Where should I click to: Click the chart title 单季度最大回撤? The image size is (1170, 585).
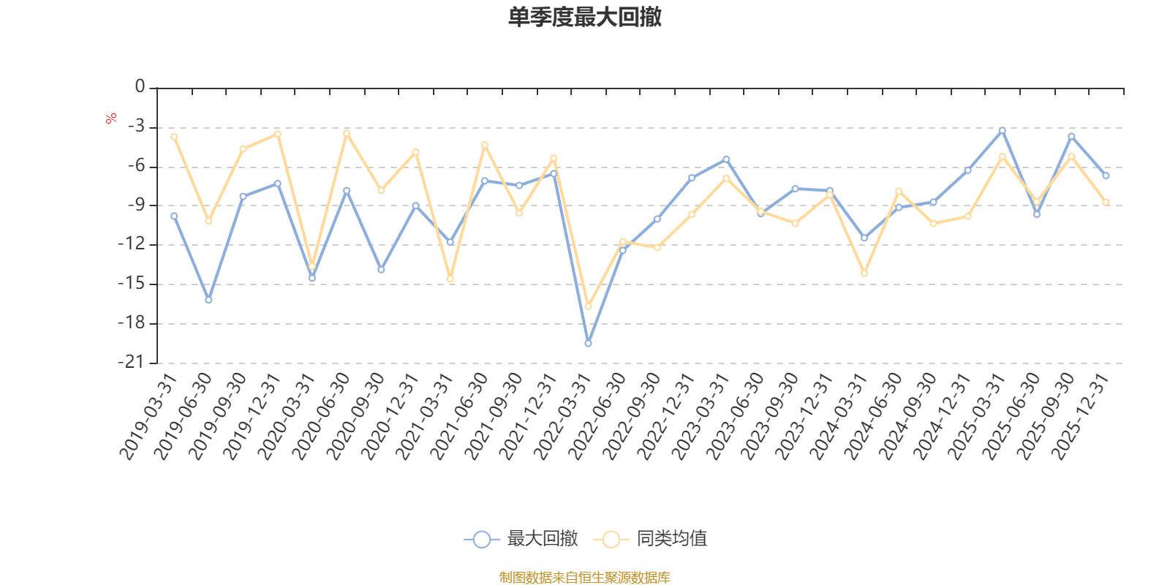[x=584, y=18]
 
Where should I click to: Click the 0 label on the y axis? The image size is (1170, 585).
[x=140, y=87]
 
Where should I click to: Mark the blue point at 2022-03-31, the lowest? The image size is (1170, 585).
[x=588, y=343]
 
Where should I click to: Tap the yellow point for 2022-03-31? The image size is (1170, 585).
[x=588, y=306]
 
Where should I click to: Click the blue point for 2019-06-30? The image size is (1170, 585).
[x=208, y=300]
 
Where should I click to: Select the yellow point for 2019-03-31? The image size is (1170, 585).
[x=174, y=137]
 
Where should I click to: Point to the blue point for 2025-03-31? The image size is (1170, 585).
[x=1002, y=130]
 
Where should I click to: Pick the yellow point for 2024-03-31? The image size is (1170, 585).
[x=864, y=273]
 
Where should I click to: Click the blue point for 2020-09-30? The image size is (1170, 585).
[x=381, y=270]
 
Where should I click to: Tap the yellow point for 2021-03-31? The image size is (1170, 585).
[x=450, y=279]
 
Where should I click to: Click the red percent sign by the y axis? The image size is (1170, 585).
[x=111, y=118]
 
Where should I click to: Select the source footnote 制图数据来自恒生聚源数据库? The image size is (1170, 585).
[x=584, y=578]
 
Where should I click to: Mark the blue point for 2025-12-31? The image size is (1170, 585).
[x=1106, y=175]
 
